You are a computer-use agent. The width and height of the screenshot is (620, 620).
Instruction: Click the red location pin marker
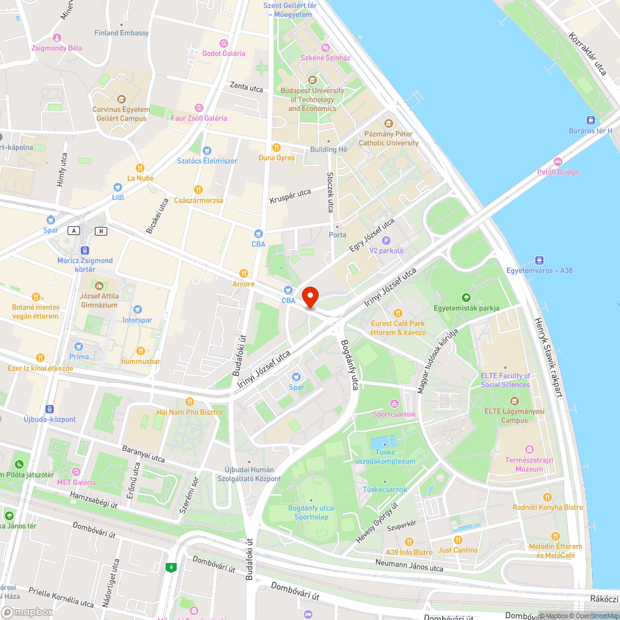(309, 297)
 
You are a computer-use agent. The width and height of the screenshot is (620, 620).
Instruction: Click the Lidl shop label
(118, 197)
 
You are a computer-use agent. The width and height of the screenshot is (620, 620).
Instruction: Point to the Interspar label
(138, 320)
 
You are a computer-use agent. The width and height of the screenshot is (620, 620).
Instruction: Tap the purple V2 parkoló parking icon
(386, 241)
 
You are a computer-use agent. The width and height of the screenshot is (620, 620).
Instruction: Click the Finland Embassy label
(122, 33)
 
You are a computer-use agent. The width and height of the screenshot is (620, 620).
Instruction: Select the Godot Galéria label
(224, 53)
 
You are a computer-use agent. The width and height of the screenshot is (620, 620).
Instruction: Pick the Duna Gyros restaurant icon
(277, 148)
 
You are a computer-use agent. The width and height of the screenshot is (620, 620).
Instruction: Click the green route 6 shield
(170, 567)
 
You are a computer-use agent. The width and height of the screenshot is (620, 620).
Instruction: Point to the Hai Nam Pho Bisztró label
(190, 412)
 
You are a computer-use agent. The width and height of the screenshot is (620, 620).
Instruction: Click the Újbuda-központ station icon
(48, 409)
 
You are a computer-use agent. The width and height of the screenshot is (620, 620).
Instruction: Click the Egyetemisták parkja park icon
(466, 298)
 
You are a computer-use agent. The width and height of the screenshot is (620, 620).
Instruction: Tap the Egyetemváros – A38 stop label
(538, 270)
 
